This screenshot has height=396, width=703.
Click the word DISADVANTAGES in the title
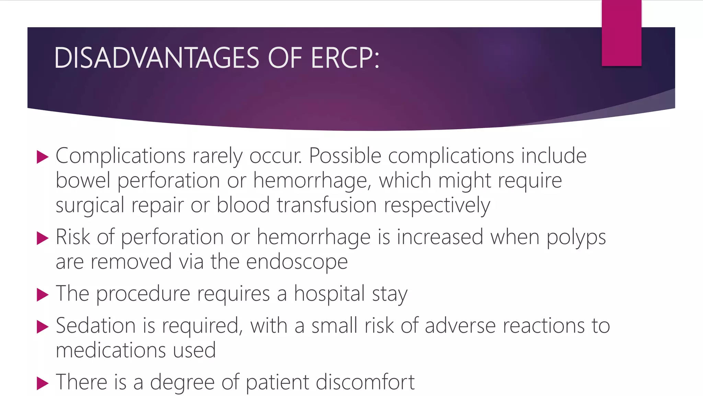156,58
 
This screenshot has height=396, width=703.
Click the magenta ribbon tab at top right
621,33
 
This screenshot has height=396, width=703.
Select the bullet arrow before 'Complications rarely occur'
43,157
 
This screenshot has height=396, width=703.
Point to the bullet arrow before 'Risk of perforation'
43,238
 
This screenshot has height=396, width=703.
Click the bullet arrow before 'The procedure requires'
43,295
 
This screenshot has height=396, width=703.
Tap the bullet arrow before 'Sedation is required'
43,327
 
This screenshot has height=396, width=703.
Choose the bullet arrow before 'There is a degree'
43,383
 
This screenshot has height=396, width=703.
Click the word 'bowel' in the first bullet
83,180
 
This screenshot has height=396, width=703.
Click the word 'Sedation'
96,326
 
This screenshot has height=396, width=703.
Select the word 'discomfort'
365,382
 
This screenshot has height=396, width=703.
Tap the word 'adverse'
460,326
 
